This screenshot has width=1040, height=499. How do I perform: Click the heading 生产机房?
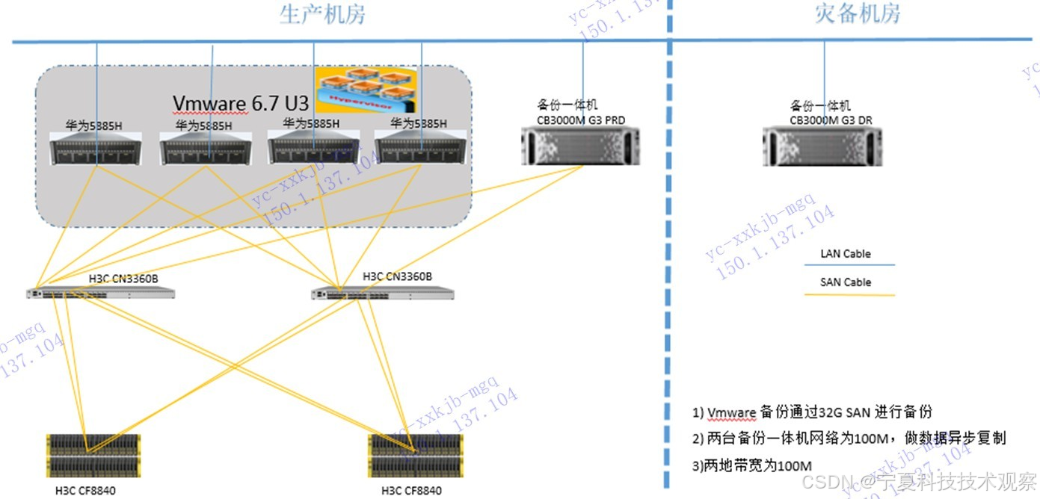click(322, 13)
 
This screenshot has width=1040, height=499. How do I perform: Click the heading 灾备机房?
click(857, 13)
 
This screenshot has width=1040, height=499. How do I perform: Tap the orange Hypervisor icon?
click(364, 90)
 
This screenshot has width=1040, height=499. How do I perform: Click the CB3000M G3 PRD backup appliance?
click(581, 146)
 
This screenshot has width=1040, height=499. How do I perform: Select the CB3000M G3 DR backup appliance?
click(822, 146)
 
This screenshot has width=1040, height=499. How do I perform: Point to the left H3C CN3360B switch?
click(100, 294)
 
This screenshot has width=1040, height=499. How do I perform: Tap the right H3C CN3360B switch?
click(383, 294)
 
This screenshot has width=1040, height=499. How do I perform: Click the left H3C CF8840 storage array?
click(93, 456)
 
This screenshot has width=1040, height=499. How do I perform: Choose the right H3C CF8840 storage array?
click(413, 456)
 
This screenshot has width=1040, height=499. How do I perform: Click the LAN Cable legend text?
click(846, 254)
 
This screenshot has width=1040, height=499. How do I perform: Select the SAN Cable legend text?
click(846, 282)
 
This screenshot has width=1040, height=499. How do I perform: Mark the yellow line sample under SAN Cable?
click(849, 295)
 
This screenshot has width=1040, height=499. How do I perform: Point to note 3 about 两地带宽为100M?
click(752, 465)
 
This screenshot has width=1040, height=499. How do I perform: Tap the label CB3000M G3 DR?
click(831, 120)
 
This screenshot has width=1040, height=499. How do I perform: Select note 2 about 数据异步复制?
click(849, 438)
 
